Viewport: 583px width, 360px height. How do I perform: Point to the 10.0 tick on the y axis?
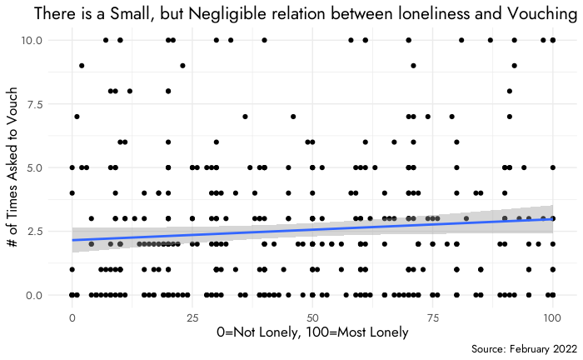click(x=42, y=40)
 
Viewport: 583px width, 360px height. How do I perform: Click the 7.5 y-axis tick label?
click(x=45, y=104)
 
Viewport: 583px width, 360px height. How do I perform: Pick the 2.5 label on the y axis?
click(x=45, y=232)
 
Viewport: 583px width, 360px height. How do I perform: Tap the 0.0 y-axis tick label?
click(x=45, y=295)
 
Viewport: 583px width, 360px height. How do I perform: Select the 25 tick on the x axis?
click(x=192, y=317)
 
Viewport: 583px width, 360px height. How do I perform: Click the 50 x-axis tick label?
click(x=312, y=317)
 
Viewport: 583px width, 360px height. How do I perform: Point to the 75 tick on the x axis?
click(x=432, y=317)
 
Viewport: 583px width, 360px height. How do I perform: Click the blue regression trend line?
click(x=312, y=227)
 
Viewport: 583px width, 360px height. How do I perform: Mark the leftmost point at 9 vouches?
click(x=82, y=66)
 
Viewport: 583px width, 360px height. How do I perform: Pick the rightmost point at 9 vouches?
click(x=515, y=66)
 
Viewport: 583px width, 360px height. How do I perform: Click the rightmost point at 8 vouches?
click(x=510, y=91)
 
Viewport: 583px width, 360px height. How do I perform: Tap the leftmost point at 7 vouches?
click(x=77, y=117)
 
